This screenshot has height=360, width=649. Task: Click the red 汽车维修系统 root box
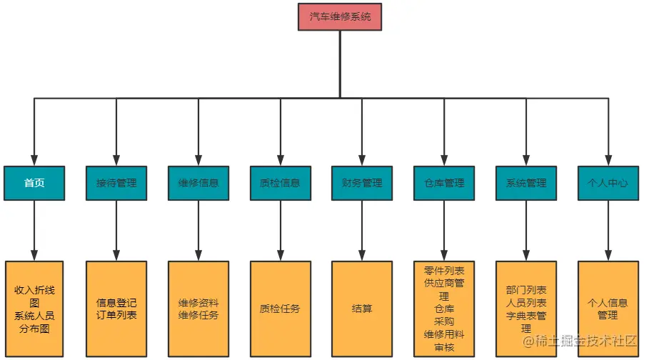point(340,16)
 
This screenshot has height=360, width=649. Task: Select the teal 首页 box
point(34,183)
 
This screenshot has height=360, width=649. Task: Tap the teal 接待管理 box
point(116,183)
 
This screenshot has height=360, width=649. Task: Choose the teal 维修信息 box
point(198,183)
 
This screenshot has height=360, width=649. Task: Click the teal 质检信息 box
point(280,183)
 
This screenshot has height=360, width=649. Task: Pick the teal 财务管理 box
point(362,183)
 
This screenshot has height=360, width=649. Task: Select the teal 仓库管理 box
point(444,183)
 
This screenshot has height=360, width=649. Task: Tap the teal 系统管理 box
point(526,183)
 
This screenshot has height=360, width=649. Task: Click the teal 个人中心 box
point(608,183)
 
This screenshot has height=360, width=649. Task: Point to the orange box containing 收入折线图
point(34,309)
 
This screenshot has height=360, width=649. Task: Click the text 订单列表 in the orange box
point(116,315)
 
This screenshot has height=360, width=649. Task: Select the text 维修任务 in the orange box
point(198,315)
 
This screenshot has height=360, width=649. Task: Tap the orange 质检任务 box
point(280,309)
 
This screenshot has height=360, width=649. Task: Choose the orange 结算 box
point(362,309)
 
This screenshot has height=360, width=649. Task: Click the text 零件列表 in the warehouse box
point(444,271)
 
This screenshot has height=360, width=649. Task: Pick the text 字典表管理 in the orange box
point(526,316)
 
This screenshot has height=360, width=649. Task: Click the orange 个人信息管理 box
point(608,309)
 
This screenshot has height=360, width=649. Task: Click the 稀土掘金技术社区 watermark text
point(585,342)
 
